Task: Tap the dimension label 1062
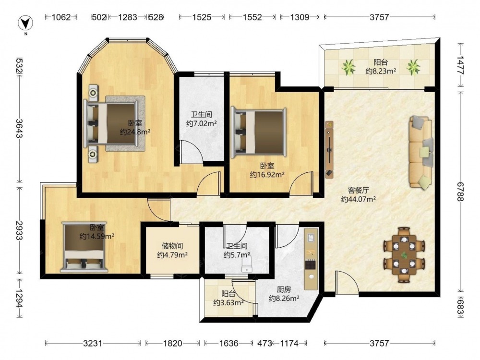[61, 17]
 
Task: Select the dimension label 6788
[460, 192]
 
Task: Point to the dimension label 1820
[173, 343]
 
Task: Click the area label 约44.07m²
[359, 199]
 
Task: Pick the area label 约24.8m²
[135, 132]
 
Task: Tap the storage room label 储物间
[172, 246]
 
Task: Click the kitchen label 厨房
[284, 289]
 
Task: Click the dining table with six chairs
[404, 254]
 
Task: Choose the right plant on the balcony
[413, 67]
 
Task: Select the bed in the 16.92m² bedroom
[259, 132]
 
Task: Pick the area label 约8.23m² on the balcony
[381, 72]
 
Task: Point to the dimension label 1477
[460, 65]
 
